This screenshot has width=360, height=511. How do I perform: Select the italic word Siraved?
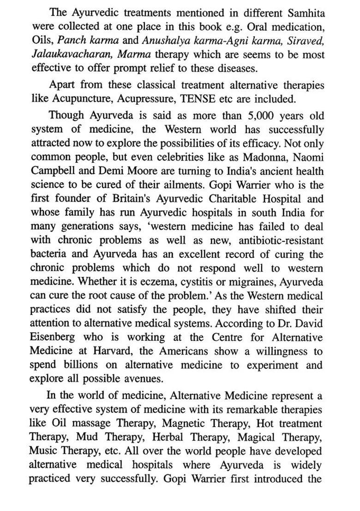[306, 40]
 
